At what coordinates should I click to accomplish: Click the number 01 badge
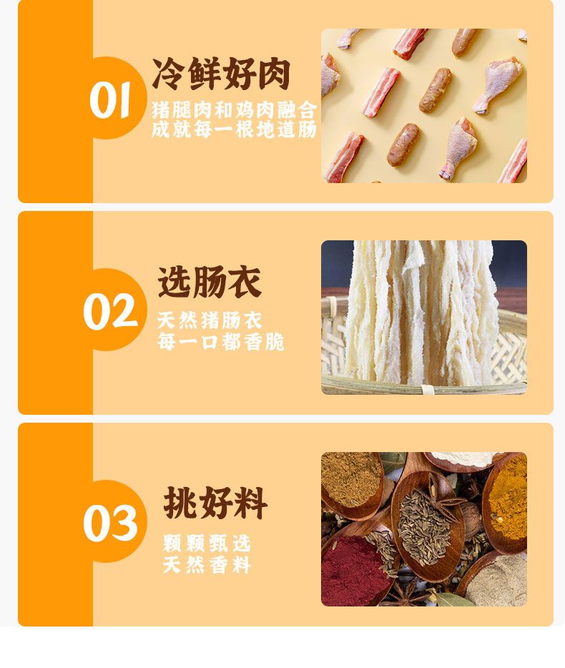click(109, 99)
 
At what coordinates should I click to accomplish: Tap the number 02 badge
click(110, 311)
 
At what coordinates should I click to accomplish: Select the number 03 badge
click(110, 523)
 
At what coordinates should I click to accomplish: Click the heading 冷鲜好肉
click(221, 74)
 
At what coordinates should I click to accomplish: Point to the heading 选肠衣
click(210, 282)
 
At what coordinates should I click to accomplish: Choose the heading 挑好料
click(215, 502)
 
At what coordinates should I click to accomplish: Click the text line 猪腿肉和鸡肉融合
click(235, 110)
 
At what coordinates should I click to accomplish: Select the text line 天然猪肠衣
click(210, 320)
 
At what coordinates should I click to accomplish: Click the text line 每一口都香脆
click(221, 342)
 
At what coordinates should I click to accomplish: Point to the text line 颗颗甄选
click(207, 543)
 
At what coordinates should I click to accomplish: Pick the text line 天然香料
click(207, 565)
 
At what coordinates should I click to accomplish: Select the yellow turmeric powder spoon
click(507, 503)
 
